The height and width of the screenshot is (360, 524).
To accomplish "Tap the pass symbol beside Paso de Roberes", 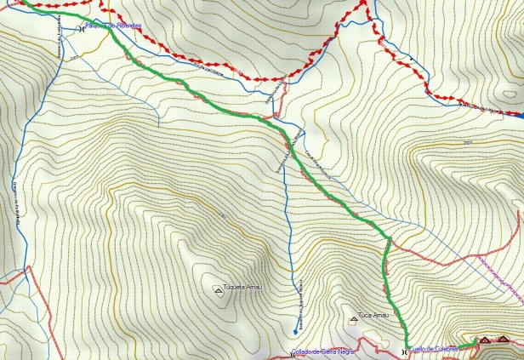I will coord(81,28).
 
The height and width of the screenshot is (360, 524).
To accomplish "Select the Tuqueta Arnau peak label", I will coord(242,287).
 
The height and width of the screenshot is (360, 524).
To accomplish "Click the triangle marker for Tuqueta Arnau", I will coord(218,290).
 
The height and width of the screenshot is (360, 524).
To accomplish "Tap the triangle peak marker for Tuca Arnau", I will coord(354,319).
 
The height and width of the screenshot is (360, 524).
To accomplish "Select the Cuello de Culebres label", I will coord(434,348).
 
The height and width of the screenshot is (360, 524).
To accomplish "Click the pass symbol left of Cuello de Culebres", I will coord(404,351).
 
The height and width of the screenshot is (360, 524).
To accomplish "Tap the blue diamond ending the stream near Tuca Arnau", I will coord(295,331).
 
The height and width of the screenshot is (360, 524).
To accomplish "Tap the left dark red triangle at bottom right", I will coord(485,340).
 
